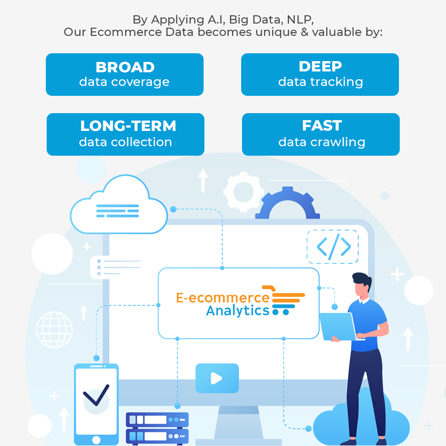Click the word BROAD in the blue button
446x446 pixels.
125,67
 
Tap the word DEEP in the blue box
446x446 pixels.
320,66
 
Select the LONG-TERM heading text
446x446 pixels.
128,126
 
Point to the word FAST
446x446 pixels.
322,126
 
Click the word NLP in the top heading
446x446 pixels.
300,20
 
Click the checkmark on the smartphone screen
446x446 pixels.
96,395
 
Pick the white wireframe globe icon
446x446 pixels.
55,330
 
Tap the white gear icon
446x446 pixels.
244,192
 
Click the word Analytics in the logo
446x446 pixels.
238,311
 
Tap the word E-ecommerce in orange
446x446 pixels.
223,298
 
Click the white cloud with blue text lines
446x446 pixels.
119,204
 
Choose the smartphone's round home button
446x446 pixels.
96,440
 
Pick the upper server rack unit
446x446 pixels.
157,420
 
